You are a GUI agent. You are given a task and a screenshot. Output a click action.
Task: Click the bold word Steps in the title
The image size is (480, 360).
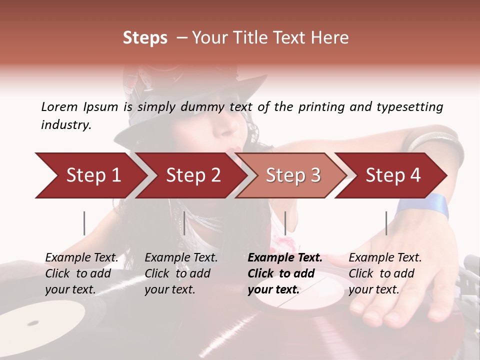(x=145, y=38)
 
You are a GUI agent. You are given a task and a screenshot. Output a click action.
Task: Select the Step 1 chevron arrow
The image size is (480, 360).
(x=90, y=175)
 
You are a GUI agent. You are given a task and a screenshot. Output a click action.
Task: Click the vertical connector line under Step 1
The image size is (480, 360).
(x=84, y=223)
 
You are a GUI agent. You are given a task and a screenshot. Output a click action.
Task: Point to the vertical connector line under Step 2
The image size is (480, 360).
(x=184, y=223)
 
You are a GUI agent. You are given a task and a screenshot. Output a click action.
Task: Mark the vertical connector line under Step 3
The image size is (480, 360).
(x=285, y=223)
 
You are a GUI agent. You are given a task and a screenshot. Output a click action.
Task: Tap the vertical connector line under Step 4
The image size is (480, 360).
(x=386, y=223)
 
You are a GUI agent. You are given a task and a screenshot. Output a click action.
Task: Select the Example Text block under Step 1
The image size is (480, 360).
(x=81, y=273)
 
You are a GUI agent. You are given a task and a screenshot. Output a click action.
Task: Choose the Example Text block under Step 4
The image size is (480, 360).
(x=385, y=273)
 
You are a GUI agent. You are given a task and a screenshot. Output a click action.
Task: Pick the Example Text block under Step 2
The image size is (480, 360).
(x=181, y=273)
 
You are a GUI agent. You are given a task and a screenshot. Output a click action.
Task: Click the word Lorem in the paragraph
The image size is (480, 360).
(x=59, y=107)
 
